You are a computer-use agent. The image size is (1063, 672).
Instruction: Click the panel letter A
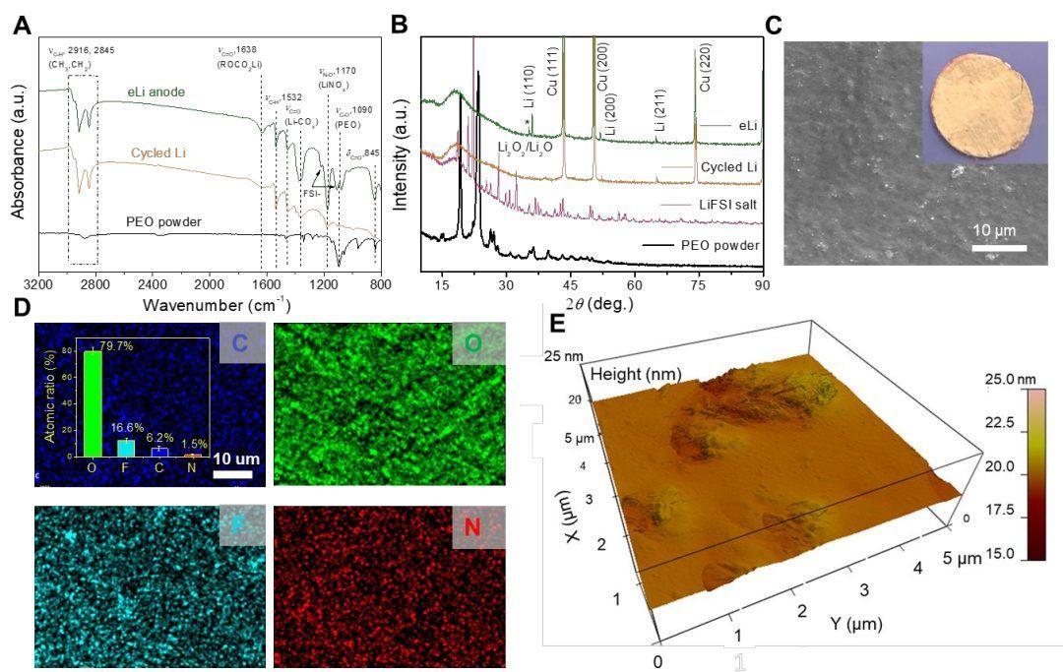[21, 25]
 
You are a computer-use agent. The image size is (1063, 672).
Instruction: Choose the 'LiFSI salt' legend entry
[727, 205]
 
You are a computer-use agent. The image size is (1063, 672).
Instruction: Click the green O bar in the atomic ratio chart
[92, 402]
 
